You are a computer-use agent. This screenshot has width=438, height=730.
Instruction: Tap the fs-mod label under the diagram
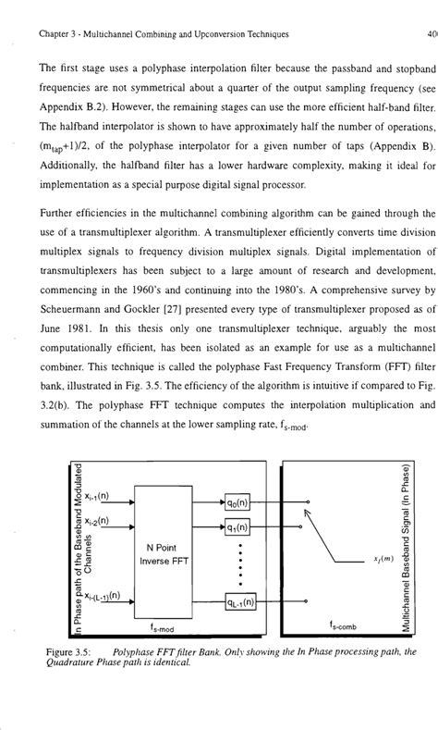[165, 628]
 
